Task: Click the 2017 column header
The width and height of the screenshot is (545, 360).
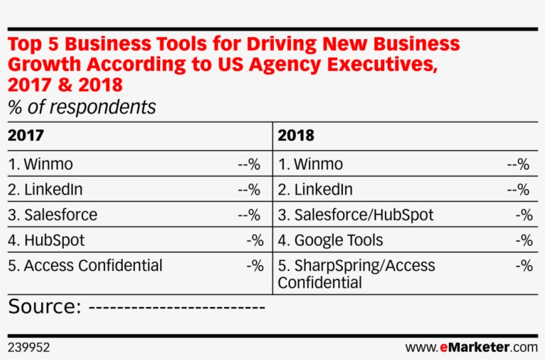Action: (x=26, y=135)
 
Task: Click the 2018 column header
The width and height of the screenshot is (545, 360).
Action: (x=296, y=135)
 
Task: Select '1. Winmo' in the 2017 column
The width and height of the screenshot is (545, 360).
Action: (x=41, y=164)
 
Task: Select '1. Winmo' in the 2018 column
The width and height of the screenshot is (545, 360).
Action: (x=310, y=164)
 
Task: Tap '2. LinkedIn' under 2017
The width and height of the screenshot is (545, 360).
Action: (x=45, y=189)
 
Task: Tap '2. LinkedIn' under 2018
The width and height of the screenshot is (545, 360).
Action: (x=315, y=189)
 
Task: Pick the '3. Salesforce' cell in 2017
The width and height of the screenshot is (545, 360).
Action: (x=53, y=215)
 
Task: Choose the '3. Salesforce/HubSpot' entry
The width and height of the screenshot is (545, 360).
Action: (x=356, y=215)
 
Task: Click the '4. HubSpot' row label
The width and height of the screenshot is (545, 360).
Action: (x=47, y=240)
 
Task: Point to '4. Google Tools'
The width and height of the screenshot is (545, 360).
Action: (x=330, y=240)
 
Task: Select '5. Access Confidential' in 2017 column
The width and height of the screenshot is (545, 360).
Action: (x=85, y=265)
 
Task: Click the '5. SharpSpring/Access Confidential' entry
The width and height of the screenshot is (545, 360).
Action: (x=356, y=274)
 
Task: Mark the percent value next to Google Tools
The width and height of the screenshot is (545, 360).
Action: (x=524, y=240)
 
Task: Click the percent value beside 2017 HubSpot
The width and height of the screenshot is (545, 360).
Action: (x=255, y=240)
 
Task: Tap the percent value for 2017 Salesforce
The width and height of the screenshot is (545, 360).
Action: (x=249, y=215)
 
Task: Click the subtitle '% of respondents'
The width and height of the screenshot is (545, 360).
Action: (x=82, y=106)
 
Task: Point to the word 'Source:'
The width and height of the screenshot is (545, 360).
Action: (x=45, y=307)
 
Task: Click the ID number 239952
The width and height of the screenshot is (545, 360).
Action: (x=29, y=347)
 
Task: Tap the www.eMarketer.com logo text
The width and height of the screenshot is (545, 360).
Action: (x=471, y=347)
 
